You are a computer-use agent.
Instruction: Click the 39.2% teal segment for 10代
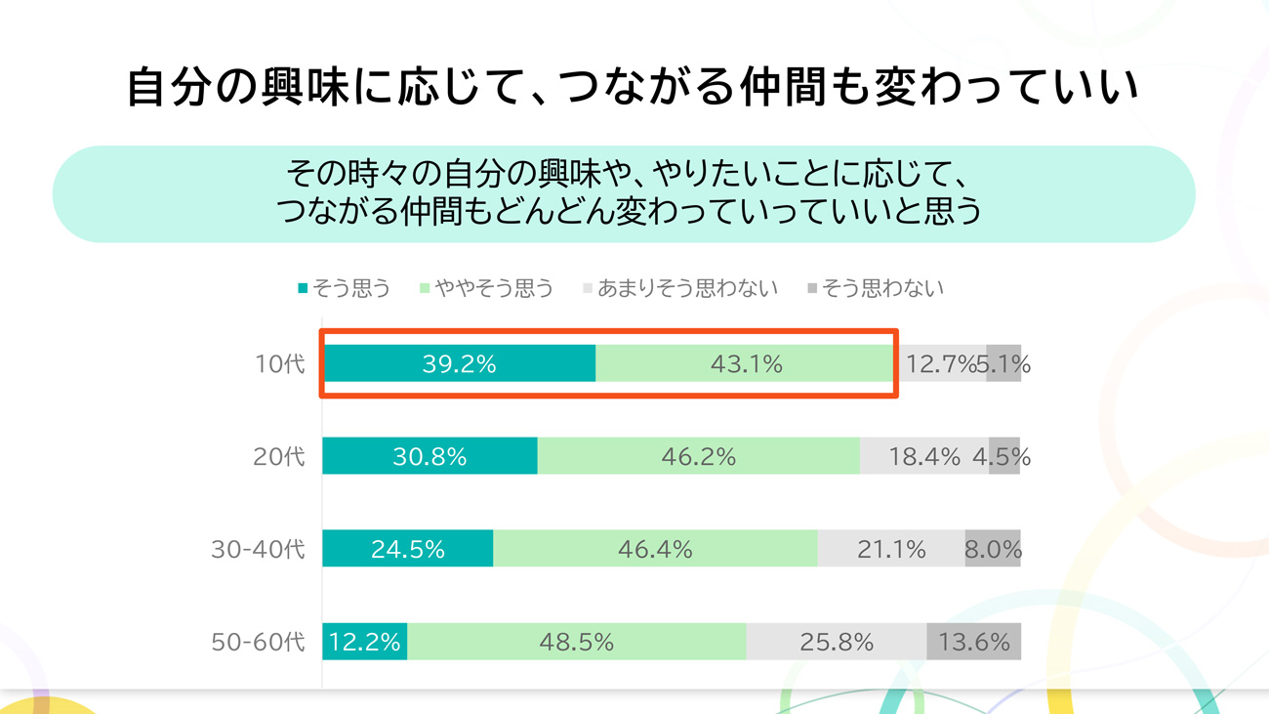[459, 364]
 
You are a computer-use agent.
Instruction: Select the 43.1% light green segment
[746, 364]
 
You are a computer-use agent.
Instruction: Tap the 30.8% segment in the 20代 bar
[430, 456]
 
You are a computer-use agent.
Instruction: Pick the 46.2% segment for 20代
[698, 456]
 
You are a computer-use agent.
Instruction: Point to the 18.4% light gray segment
[923, 456]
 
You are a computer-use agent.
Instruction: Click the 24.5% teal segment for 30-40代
[407, 549]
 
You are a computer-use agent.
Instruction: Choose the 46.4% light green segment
[655, 549]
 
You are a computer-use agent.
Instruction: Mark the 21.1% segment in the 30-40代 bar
[891, 549]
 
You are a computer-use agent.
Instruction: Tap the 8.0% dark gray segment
[993, 549]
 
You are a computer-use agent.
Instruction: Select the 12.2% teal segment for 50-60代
[364, 642]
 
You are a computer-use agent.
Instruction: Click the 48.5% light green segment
[576, 642]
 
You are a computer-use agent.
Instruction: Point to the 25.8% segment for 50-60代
[836, 642]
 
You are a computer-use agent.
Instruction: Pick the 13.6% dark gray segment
[973, 642]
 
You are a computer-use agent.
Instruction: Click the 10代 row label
[280, 364]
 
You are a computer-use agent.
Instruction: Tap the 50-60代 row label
[259, 642]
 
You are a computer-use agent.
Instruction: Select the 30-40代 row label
[259, 549]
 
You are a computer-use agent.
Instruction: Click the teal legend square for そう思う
[303, 288]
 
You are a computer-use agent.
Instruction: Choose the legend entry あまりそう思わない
[687, 288]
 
